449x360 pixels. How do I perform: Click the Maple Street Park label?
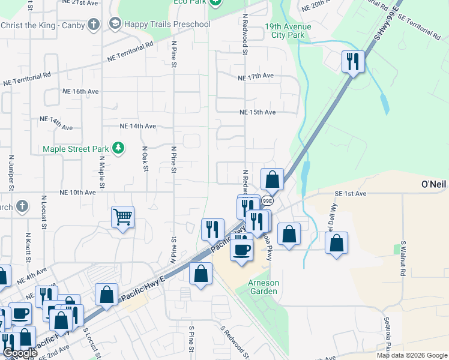tap(75, 149)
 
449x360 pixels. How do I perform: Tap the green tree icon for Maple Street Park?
tap(119, 148)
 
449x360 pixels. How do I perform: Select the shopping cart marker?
tap(123, 217)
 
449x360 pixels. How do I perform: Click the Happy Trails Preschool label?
tap(167, 24)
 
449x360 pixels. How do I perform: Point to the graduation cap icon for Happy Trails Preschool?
tap(114, 24)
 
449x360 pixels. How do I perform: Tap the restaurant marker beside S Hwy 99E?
tap(353, 62)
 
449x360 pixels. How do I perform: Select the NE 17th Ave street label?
tap(256, 77)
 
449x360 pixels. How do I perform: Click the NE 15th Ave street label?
tap(258, 112)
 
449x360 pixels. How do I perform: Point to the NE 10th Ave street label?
tap(77, 193)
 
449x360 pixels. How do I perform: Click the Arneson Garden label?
tap(264, 287)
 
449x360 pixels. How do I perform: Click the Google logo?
tap(20, 353)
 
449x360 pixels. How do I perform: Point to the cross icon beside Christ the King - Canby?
tap(93, 25)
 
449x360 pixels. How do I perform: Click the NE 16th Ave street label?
tap(80, 91)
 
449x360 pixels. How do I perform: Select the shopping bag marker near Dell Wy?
tap(337, 243)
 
